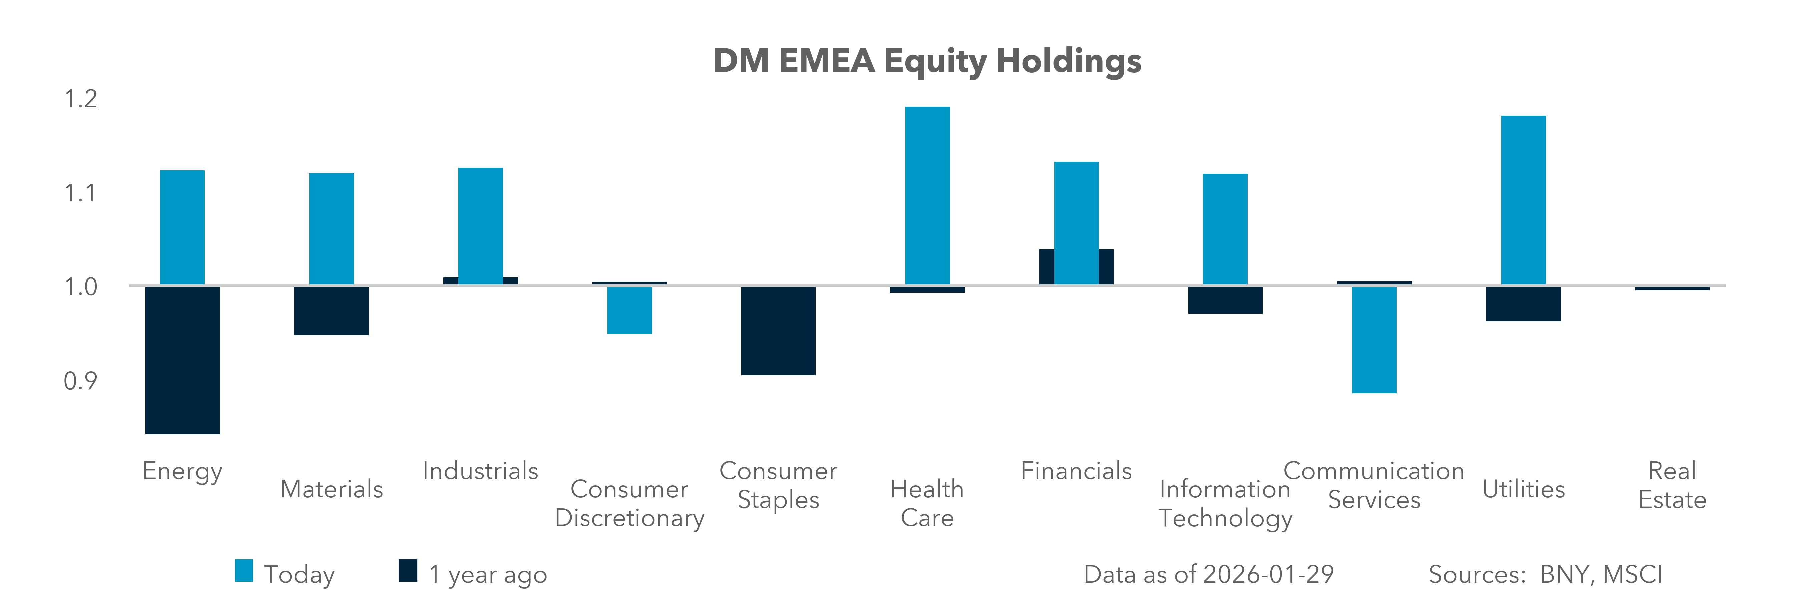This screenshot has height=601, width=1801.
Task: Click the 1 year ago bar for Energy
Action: pyautogui.click(x=182, y=360)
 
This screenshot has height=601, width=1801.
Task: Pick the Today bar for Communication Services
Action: pyautogui.click(x=1374, y=340)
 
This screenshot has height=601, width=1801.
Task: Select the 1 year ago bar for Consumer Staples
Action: pyautogui.click(x=778, y=331)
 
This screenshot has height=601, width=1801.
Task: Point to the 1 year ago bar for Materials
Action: pyautogui.click(x=332, y=311)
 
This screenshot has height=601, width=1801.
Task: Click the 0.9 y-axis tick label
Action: pyautogui.click(x=80, y=381)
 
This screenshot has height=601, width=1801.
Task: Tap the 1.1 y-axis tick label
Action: pyautogui.click(x=80, y=193)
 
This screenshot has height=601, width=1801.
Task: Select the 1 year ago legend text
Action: pyautogui.click(x=487, y=574)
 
